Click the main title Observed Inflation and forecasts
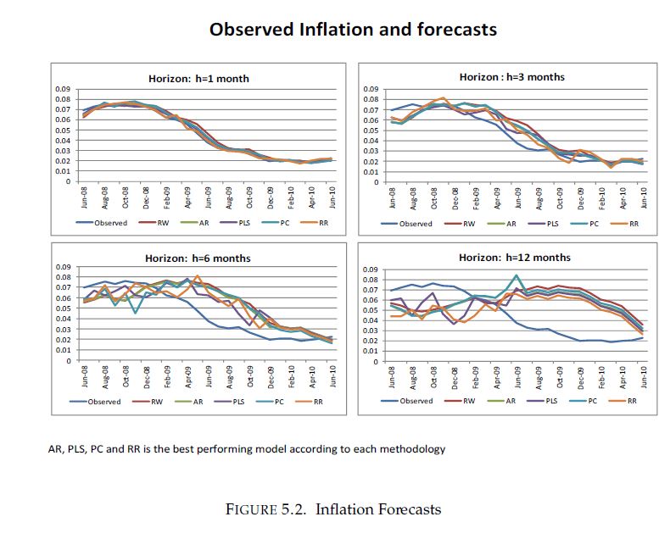tap(353, 30)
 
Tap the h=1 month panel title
tap(198, 79)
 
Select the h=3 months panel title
tap(511, 77)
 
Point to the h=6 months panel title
tap(199, 258)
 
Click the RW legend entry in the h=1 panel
tap(162, 223)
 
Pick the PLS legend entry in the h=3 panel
tap(552, 224)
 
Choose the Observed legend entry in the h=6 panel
tap(103, 402)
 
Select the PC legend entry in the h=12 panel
tap(594, 401)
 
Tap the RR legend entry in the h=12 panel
tap(632, 401)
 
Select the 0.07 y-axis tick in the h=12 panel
tap(371, 290)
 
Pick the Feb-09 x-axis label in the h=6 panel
tap(167, 377)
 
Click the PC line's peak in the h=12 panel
tap(517, 275)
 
